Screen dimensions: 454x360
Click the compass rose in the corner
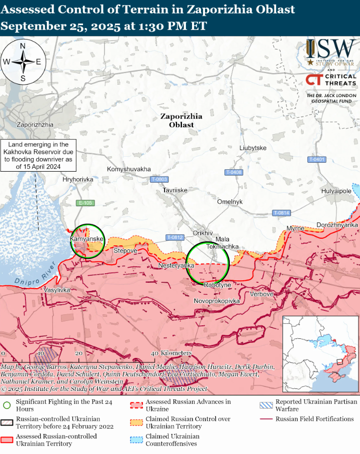tap(23, 62)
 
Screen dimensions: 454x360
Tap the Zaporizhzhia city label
tap(35, 125)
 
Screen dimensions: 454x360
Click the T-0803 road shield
tap(159, 179)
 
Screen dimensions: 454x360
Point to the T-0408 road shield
tap(233, 172)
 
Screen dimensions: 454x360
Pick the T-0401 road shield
tap(316, 159)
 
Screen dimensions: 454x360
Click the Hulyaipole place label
tap(336, 191)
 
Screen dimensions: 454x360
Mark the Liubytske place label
tap(253, 148)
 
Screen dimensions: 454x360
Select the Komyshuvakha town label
tap(129, 169)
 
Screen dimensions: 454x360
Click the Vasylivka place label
tap(57, 290)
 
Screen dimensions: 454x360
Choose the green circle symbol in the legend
tap(7, 405)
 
